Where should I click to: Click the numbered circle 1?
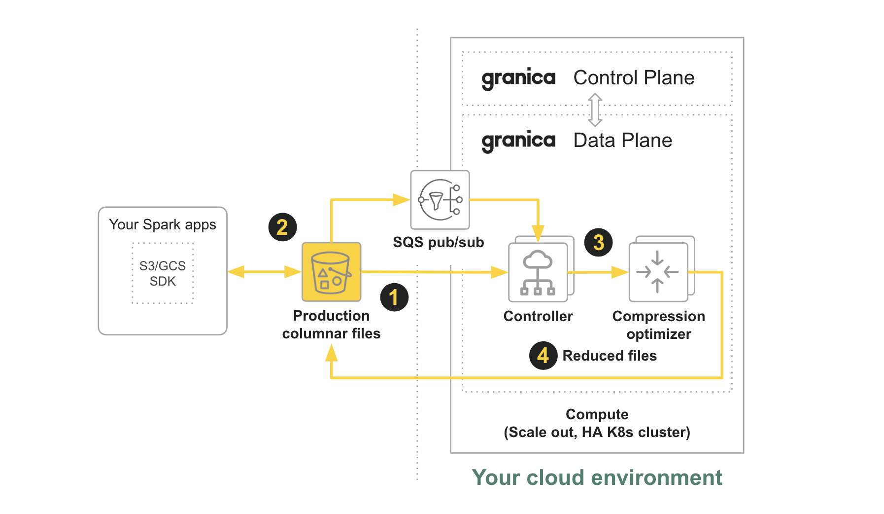coord(394,297)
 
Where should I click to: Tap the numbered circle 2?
coord(282,227)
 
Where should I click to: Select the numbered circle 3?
coord(598,242)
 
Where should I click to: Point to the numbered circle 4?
coord(543,355)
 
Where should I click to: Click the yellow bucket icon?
coord(331,272)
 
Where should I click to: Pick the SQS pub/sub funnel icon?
coord(440,200)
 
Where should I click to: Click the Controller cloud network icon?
coord(538,272)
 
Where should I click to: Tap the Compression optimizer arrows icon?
coord(658,272)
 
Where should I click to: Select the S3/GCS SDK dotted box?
coord(163,273)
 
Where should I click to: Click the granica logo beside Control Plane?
coord(518,78)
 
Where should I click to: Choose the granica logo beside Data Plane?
coord(518,141)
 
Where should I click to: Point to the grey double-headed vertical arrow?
coord(595,110)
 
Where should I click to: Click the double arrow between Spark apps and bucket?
coord(265,272)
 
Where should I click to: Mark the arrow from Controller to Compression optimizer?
coord(598,272)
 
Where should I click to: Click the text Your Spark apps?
coord(163,224)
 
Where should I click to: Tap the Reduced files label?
coord(610,356)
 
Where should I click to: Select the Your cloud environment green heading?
coord(597,477)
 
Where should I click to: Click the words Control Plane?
coord(634,78)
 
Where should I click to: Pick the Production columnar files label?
coord(331,325)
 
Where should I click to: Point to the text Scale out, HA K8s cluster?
coord(597,433)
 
